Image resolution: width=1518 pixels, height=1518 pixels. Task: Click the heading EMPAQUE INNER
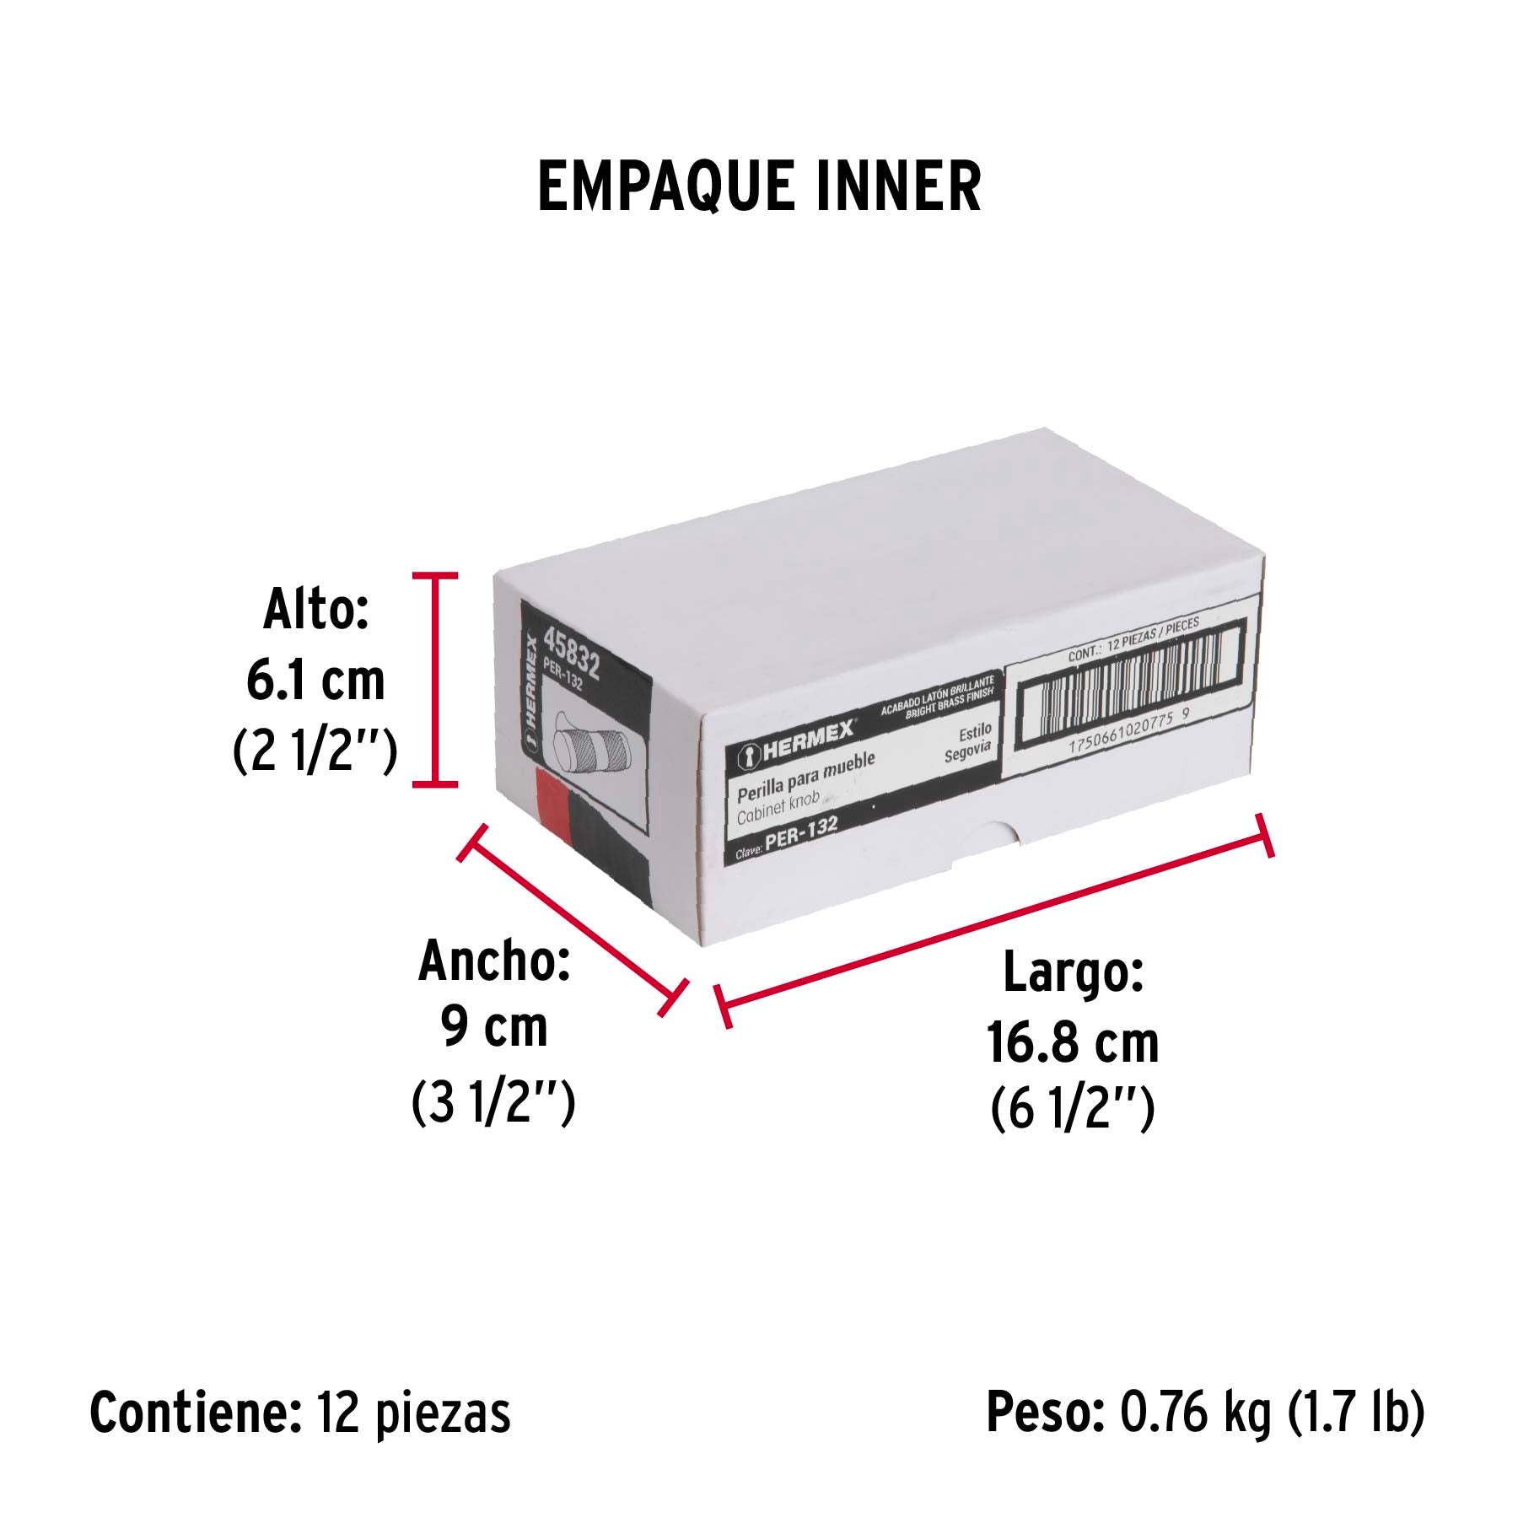pos(759,186)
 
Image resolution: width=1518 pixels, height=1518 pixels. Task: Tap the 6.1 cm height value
pos(315,681)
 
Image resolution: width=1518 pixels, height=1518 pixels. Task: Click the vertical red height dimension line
pos(435,680)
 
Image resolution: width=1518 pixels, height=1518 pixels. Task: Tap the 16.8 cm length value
pos(1073,1042)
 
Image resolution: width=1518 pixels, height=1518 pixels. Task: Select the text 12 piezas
pos(414,1413)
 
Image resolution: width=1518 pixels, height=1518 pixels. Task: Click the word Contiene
pos(196,1413)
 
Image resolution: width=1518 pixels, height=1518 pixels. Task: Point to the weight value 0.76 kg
pos(1195,1412)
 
